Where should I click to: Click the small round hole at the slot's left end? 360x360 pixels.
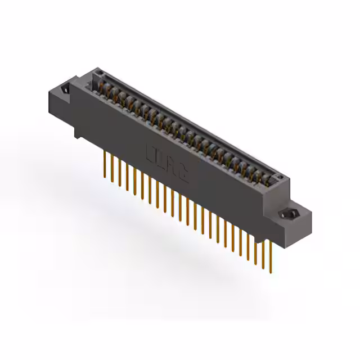click(99, 74)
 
